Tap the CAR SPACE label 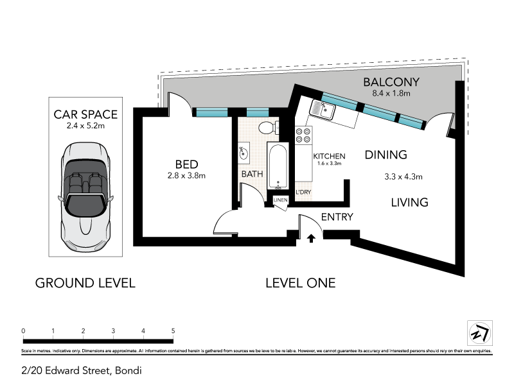click(x=85, y=115)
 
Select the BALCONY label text click(x=391, y=82)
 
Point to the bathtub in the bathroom click(x=278, y=166)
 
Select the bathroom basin click(x=243, y=153)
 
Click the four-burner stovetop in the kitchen click(x=303, y=135)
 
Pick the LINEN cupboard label click(x=281, y=201)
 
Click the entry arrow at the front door click(x=311, y=239)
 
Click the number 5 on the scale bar click(x=173, y=331)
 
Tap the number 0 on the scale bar click(x=23, y=331)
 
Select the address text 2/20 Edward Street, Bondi click(x=81, y=370)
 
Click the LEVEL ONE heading click(x=300, y=282)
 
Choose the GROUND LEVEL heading click(x=85, y=282)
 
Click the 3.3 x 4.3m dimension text click(x=403, y=176)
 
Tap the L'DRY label click(x=303, y=193)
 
